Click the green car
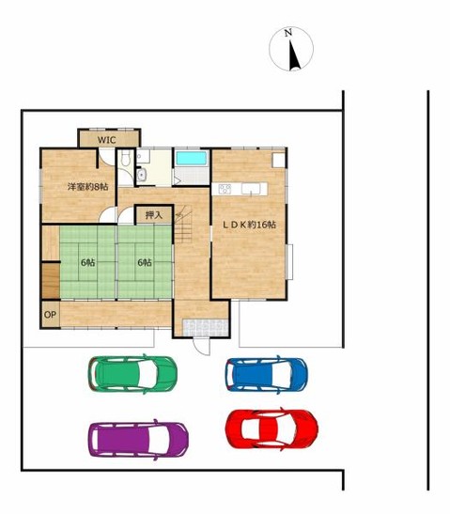(x=132, y=374)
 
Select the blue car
(x=266, y=375)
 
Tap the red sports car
(x=272, y=428)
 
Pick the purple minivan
(x=138, y=440)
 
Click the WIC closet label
(x=107, y=140)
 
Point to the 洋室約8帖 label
(x=87, y=187)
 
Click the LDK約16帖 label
(x=249, y=225)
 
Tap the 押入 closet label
(x=154, y=215)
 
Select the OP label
(x=50, y=315)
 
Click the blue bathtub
(x=192, y=158)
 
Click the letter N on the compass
(x=288, y=33)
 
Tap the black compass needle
(x=294, y=56)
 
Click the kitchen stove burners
(x=225, y=189)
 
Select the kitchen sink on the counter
(x=251, y=189)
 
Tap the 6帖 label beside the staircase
(x=145, y=262)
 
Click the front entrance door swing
(x=201, y=346)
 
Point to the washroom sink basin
(x=141, y=175)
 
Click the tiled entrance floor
(x=206, y=328)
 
